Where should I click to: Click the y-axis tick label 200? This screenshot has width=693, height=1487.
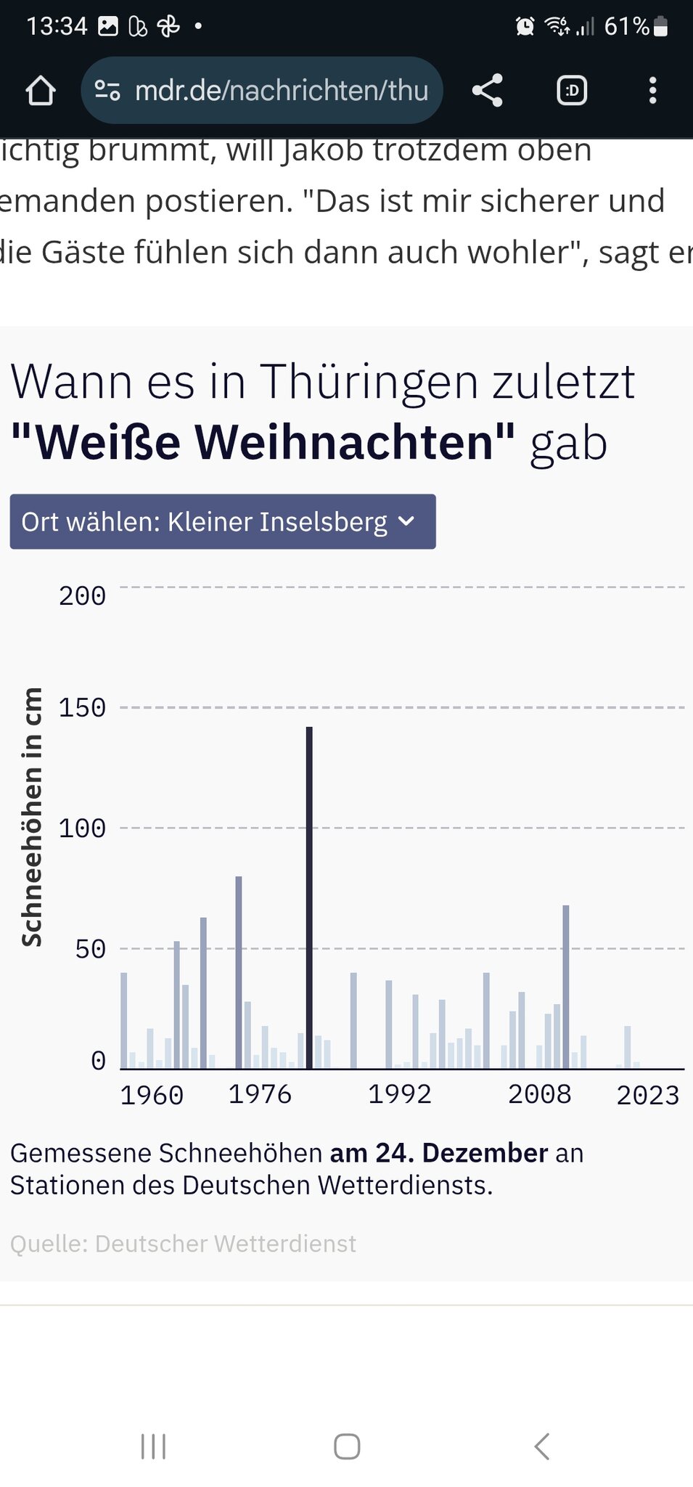point(82,596)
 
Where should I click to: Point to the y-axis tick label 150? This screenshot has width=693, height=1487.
point(82,708)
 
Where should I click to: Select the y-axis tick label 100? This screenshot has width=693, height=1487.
point(82,828)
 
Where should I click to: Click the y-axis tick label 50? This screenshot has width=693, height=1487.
point(90,949)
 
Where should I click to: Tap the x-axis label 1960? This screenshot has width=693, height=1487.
point(152,1095)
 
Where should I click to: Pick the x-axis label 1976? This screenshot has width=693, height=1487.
point(260,1094)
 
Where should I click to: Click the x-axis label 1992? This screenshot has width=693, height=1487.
point(400,1094)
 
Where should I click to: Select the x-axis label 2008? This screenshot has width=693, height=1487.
point(540,1094)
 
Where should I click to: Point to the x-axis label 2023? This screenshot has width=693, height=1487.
point(648,1095)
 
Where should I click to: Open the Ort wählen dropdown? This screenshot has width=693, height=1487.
point(223,521)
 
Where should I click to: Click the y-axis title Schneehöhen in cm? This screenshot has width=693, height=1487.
point(31,817)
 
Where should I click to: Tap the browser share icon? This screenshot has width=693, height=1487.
point(488,91)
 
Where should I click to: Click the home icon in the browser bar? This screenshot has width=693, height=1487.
point(41,91)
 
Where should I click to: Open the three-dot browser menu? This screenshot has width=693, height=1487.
point(652,91)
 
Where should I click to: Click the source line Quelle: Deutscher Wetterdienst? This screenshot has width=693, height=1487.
point(183,1244)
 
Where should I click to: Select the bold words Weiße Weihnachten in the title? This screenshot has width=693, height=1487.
point(263,441)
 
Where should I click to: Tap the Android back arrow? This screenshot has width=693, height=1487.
point(541,1446)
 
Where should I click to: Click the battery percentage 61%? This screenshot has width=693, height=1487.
point(626,27)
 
